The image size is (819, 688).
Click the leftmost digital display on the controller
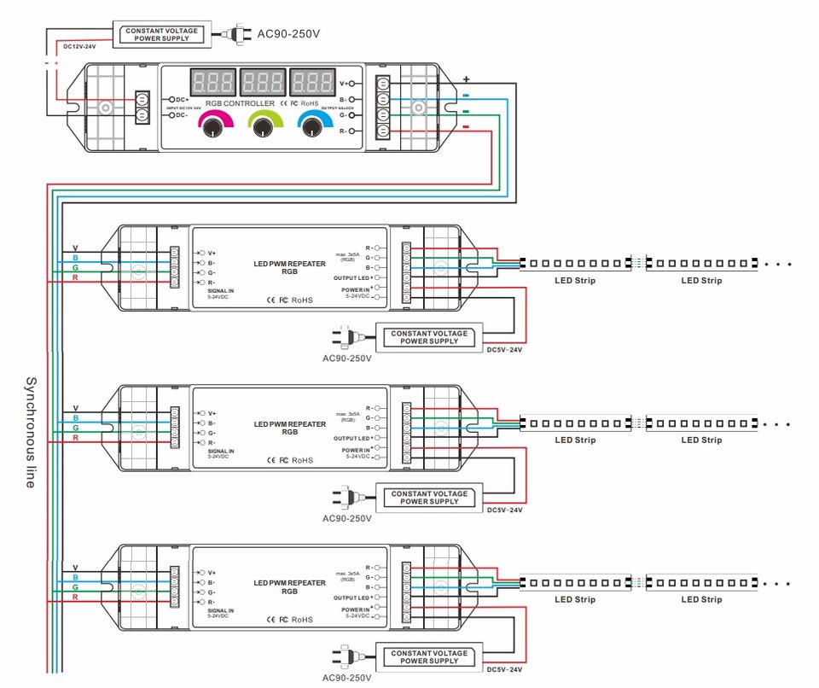click(x=210, y=83)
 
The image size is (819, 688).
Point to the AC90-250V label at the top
click(x=288, y=34)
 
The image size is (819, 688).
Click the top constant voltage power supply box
click(x=161, y=34)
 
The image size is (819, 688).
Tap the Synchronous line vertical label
click(x=31, y=432)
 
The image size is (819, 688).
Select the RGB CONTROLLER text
click(x=240, y=103)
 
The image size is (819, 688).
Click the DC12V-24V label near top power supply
click(x=80, y=46)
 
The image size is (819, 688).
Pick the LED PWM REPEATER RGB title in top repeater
click(x=289, y=268)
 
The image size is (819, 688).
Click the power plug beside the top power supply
click(x=231, y=34)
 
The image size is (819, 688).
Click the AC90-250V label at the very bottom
click(x=347, y=678)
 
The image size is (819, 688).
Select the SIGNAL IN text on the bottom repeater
click(x=220, y=610)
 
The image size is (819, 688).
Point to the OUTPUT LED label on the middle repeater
click(x=351, y=438)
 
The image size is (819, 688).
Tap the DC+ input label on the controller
click(x=182, y=99)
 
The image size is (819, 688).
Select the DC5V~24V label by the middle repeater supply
click(x=504, y=510)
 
